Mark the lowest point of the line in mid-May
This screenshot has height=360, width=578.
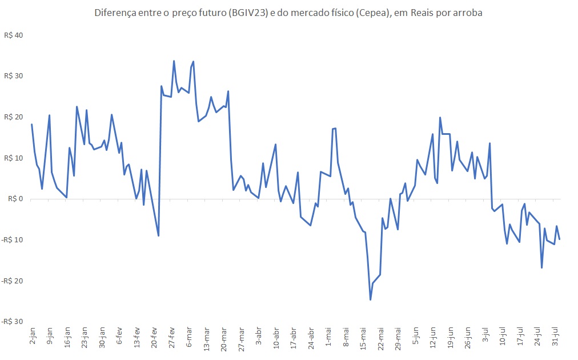(x=370, y=299)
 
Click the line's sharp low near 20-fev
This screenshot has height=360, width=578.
(x=158, y=235)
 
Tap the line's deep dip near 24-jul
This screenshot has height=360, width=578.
(x=541, y=267)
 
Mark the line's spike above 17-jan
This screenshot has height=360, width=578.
(x=77, y=107)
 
